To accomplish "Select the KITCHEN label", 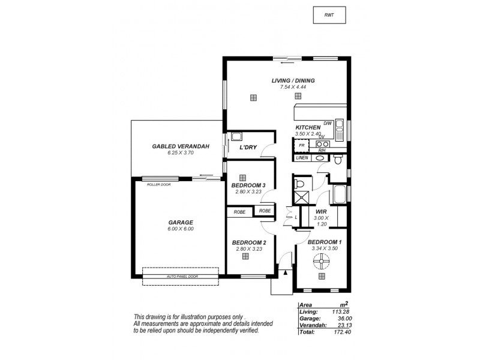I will [x=307, y=128].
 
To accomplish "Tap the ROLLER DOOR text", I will [x=158, y=185].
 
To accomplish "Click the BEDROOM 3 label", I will [x=248, y=185].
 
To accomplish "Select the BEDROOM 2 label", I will [x=248, y=242].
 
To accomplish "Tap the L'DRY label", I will [x=248, y=147].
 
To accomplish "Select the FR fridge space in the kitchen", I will [x=302, y=145].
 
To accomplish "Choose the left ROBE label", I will [x=239, y=211].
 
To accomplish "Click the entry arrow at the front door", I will [x=286, y=272].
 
